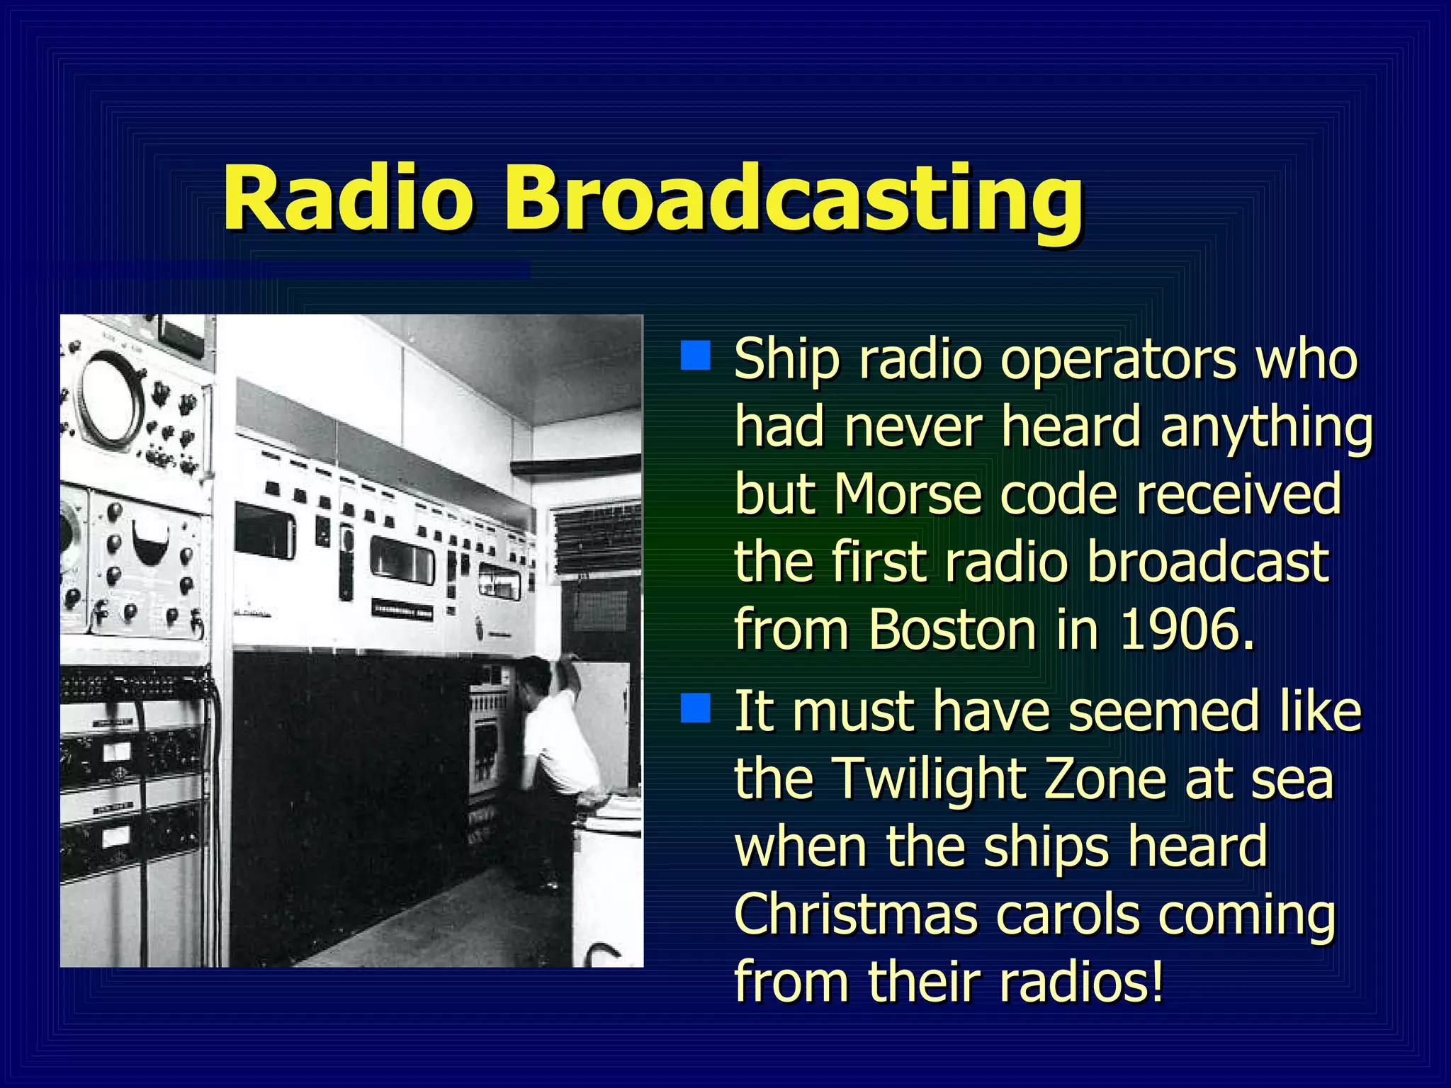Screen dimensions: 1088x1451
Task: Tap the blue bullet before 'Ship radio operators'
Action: (695, 356)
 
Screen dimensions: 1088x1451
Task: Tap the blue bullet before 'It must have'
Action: (695, 708)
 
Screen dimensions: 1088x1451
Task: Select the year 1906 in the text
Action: (1186, 629)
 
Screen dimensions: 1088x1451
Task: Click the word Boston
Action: (952, 629)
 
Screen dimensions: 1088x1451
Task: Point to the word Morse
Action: (907, 494)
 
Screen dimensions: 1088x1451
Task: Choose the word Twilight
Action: (928, 778)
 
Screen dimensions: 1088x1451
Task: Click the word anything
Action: (1266, 429)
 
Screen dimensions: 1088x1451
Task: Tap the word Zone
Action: (1105, 778)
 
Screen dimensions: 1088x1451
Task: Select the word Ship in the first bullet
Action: (786, 360)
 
